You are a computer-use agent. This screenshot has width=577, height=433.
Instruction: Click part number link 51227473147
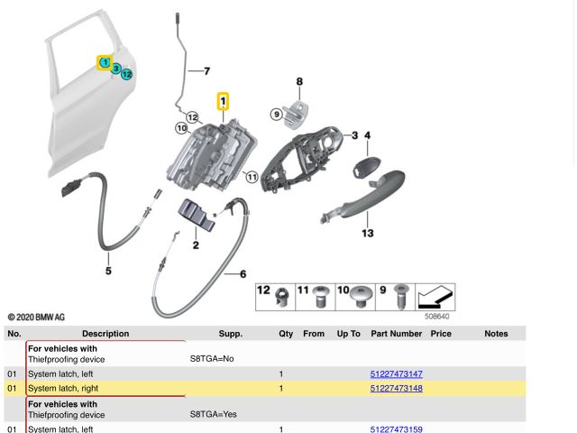pos(397,373)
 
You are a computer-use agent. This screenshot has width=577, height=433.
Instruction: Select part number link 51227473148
pos(397,389)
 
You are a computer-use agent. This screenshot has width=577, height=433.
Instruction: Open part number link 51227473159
pos(397,428)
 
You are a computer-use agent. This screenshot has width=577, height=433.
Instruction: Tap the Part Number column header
pos(396,334)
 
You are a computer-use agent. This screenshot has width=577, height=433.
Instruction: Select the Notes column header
pos(496,334)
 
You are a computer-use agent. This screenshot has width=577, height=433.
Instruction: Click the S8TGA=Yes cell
pos(213,415)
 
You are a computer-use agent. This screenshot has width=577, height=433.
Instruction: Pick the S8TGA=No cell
pos(211,359)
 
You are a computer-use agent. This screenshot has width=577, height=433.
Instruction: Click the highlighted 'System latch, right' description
pos(76,389)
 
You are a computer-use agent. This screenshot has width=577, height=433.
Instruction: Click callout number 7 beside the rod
pos(206,70)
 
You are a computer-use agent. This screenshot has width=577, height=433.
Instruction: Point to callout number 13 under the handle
pos(367,233)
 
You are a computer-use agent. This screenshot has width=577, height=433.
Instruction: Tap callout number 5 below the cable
pos(108,269)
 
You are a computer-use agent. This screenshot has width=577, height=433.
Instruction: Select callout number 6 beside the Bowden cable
pos(243,272)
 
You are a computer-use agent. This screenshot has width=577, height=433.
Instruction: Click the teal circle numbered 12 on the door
pos(127,74)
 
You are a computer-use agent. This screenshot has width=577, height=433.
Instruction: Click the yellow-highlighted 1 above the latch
pos(223,101)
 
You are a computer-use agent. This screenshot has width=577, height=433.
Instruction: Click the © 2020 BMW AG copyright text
pos(36,318)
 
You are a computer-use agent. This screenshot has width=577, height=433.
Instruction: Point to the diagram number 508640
pos(437,317)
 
